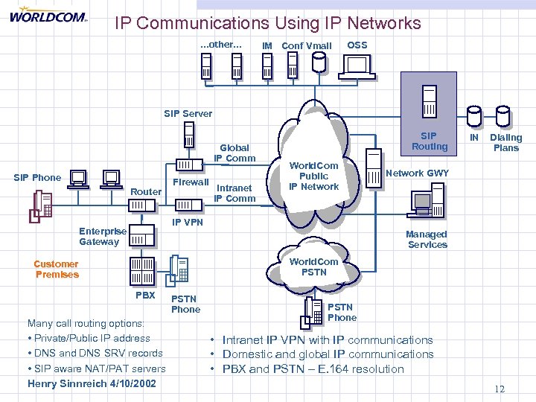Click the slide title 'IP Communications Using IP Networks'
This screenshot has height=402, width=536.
point(268,23)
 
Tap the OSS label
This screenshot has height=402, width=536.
point(357,45)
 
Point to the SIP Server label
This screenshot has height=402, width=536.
point(188,114)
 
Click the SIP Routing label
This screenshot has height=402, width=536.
point(430,141)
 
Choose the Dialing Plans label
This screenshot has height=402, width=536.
point(506,142)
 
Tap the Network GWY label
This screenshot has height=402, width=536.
point(417,173)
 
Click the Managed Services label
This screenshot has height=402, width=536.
point(427,239)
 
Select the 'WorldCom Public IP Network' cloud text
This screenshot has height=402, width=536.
point(314,176)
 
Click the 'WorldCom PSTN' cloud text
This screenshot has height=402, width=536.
point(313,267)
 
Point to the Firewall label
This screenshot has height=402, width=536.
point(190,182)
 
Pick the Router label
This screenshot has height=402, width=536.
point(145,192)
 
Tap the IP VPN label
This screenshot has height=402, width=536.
point(188,222)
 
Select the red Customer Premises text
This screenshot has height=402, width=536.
point(56,269)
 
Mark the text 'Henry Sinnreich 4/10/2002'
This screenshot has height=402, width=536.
point(92,383)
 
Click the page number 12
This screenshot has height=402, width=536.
point(500,389)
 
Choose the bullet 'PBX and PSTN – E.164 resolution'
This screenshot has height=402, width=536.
point(313,369)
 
